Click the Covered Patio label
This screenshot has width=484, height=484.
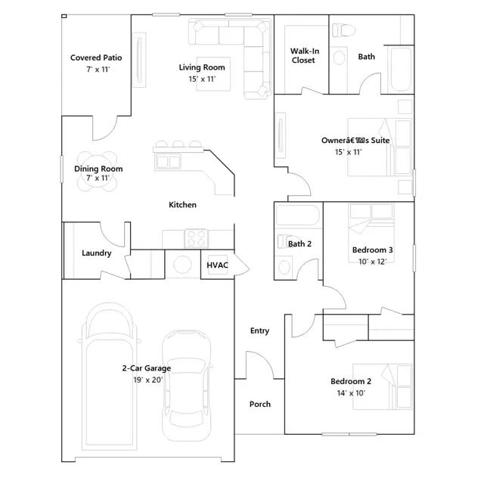tap(96, 57)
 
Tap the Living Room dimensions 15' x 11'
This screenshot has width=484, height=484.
tap(202, 79)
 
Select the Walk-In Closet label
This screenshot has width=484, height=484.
tap(305, 55)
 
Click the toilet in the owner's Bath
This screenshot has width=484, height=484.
tap(344, 30)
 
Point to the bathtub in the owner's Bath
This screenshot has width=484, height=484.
tap(401, 69)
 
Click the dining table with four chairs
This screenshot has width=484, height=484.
tap(98, 172)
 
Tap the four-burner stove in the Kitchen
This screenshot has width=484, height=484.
tap(197, 238)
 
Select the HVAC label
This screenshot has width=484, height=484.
tap(217, 265)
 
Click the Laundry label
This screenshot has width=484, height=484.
tap(96, 253)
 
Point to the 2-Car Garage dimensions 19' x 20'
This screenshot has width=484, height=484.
tap(148, 380)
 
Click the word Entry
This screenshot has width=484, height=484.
tap(259, 331)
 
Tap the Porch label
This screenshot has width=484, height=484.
tap(260, 404)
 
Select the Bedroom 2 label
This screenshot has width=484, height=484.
tap(351, 381)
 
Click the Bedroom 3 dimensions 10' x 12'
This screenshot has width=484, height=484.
tap(373, 262)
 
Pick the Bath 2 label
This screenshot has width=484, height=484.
tap(299, 244)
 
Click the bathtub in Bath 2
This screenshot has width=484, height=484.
tap(297, 215)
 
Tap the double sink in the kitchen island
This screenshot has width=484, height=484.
tap(168, 161)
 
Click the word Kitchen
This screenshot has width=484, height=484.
tap(182, 205)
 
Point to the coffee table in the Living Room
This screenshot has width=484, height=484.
tap(213, 74)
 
